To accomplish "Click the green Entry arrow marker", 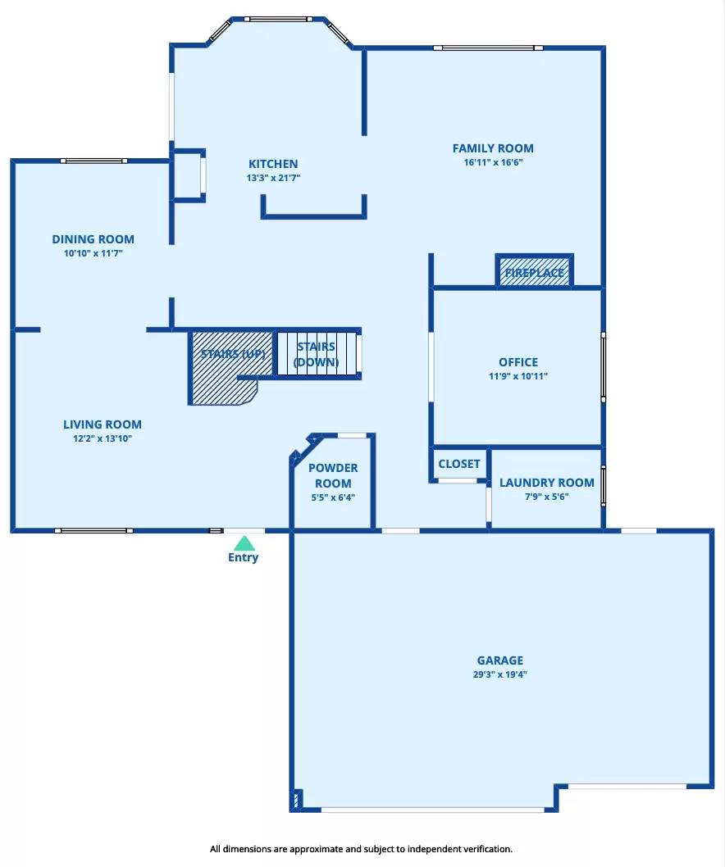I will (x=244, y=542).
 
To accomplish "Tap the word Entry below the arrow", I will (x=243, y=557).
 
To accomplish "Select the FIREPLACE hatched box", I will (x=534, y=271).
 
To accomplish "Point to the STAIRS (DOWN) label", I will (x=316, y=354).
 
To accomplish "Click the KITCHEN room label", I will (x=273, y=164).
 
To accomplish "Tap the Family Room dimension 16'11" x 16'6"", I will (x=493, y=162).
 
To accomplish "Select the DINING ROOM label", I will (x=93, y=239).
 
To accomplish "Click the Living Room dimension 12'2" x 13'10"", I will (x=103, y=438).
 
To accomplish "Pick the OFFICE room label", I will (x=518, y=362).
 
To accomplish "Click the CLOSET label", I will (x=458, y=464).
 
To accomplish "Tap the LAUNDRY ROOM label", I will (x=546, y=483).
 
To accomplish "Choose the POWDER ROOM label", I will (x=333, y=475).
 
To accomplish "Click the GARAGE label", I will (x=499, y=660).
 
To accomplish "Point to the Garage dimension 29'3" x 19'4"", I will (x=499, y=675).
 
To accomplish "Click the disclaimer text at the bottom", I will (x=361, y=849).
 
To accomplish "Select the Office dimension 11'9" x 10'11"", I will (x=518, y=376).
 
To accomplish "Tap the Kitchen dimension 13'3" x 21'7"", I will (x=273, y=178).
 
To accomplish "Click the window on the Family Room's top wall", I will (x=488, y=48).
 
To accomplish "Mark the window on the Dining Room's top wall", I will (x=93, y=161).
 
